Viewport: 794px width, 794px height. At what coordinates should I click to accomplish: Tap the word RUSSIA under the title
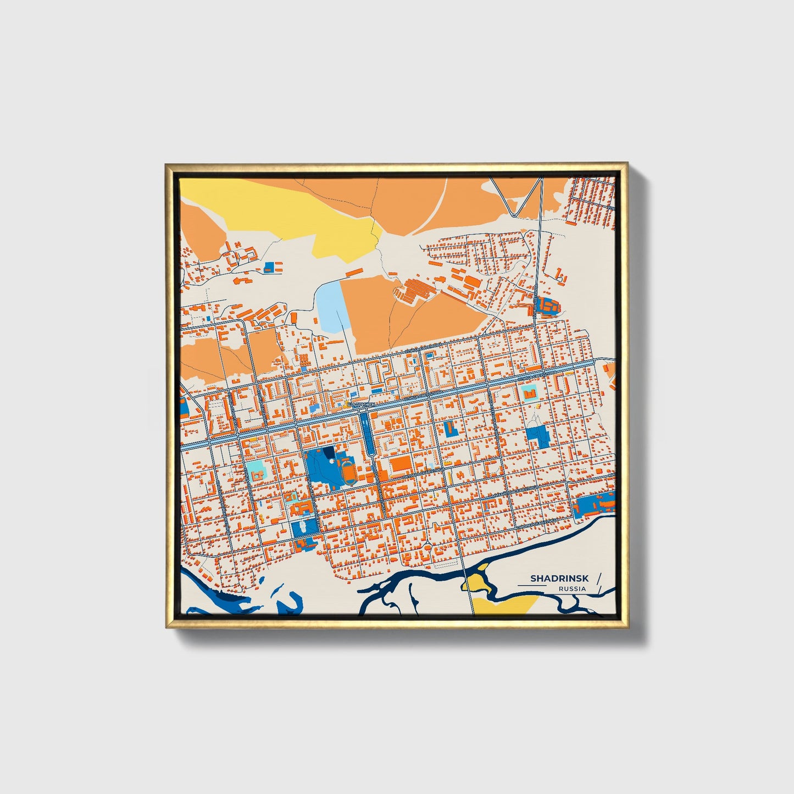(x=572, y=588)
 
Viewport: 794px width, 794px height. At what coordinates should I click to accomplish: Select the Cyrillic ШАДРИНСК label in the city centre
(x=361, y=404)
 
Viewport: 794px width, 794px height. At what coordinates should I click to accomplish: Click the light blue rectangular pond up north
(x=328, y=306)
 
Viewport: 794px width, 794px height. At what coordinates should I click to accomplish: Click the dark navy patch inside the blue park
(x=329, y=451)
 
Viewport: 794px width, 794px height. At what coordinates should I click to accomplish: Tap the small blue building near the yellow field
(x=269, y=266)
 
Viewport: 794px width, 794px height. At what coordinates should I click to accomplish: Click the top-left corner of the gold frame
(x=166, y=165)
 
